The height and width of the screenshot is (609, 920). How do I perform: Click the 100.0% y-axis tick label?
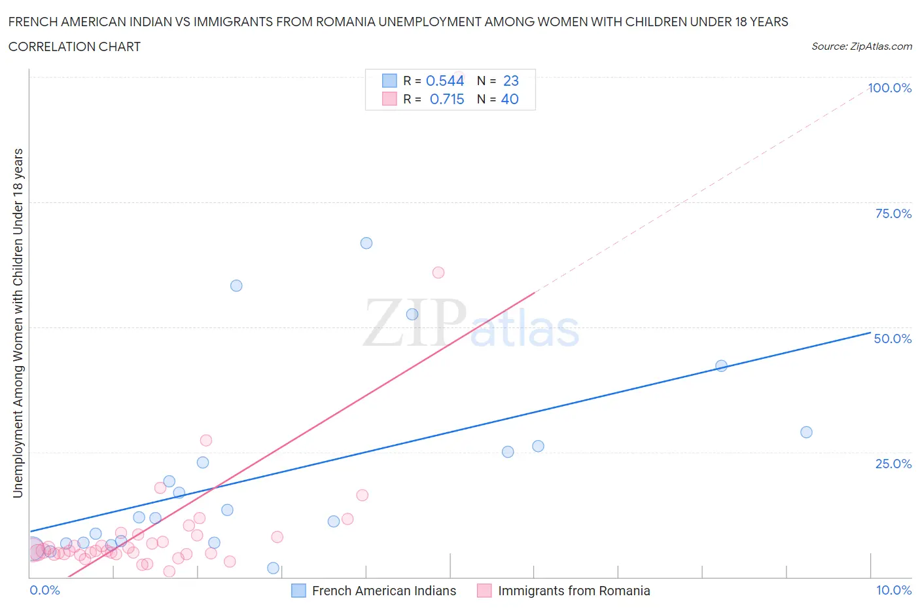point(889,88)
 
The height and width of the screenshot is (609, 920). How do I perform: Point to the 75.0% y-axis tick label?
point(893,213)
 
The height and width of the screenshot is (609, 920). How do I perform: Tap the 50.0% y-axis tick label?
point(893,339)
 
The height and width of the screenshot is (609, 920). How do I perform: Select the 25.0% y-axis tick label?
point(893,464)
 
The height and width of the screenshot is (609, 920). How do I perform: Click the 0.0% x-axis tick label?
point(44,590)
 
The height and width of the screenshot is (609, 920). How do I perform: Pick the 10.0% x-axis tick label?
point(893,590)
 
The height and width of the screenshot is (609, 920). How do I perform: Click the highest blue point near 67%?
point(366,243)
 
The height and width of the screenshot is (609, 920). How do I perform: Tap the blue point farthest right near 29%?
point(806,432)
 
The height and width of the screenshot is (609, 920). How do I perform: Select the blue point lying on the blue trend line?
point(721,366)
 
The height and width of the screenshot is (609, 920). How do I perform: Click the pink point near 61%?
point(438,272)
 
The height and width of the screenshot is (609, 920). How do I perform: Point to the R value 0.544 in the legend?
point(445,81)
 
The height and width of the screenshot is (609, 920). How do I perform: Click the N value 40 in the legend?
point(510,99)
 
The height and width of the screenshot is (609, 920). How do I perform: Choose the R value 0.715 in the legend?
point(447,99)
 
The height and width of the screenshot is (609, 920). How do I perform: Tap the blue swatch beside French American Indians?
point(298,591)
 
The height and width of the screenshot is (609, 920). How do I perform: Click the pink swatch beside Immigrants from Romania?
point(484,591)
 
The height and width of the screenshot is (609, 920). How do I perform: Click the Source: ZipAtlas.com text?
point(861,46)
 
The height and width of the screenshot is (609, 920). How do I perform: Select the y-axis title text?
point(18,323)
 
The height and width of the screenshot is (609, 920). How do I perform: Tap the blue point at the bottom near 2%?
point(274,568)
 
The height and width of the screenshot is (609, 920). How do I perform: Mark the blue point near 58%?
point(236,286)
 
